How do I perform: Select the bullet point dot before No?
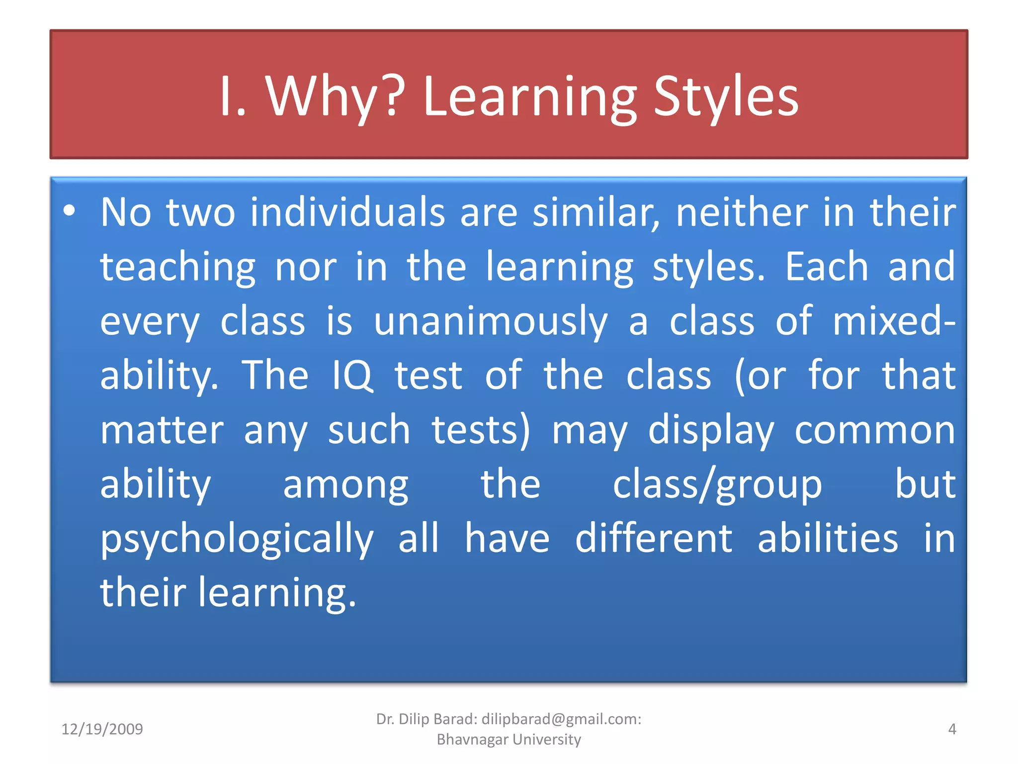click(x=70, y=211)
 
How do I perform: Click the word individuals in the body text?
click(x=347, y=212)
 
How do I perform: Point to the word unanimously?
click(x=491, y=321)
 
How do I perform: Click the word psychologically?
click(x=237, y=539)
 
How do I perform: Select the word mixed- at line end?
click(x=894, y=321)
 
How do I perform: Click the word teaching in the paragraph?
click(x=178, y=267)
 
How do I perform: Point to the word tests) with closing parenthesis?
click(x=481, y=430)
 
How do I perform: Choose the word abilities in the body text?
click(x=828, y=539)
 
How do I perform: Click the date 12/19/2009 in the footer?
click(x=102, y=729)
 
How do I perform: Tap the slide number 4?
click(x=952, y=729)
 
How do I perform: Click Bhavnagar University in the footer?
click(x=509, y=740)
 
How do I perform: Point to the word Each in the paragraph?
click(x=827, y=267)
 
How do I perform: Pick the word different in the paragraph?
click(x=653, y=539)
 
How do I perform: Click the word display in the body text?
click(x=711, y=430)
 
